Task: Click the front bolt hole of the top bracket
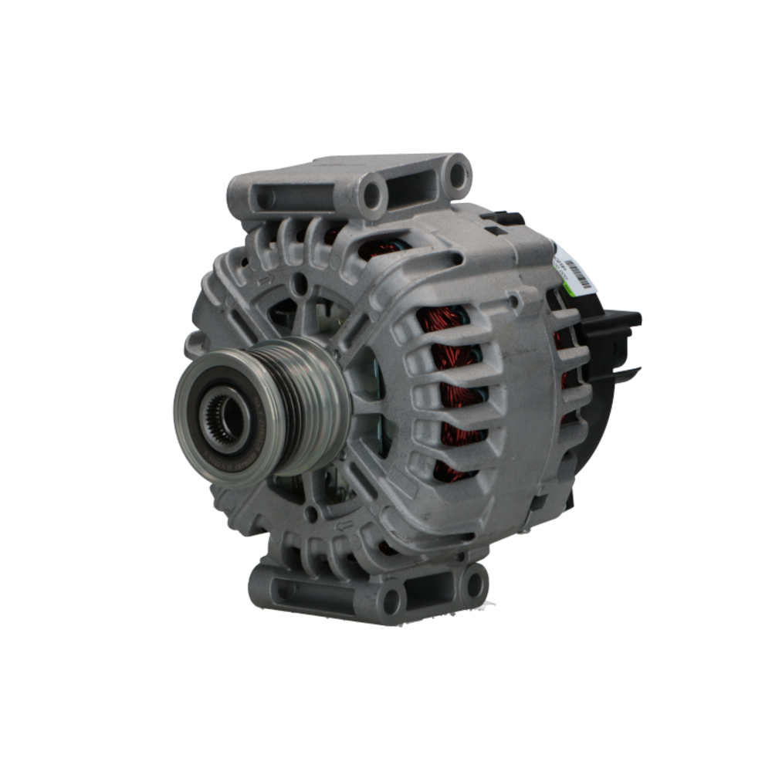pyautogui.click(x=371, y=194)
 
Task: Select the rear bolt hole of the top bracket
pyautogui.click(x=457, y=174)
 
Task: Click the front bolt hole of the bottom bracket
pyautogui.click(x=391, y=600)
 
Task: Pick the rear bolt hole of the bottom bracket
pyautogui.click(x=472, y=584)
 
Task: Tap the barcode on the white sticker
pyautogui.click(x=578, y=272)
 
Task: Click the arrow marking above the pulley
pyautogui.click(x=267, y=279)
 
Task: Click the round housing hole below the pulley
pyautogui.click(x=312, y=513)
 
